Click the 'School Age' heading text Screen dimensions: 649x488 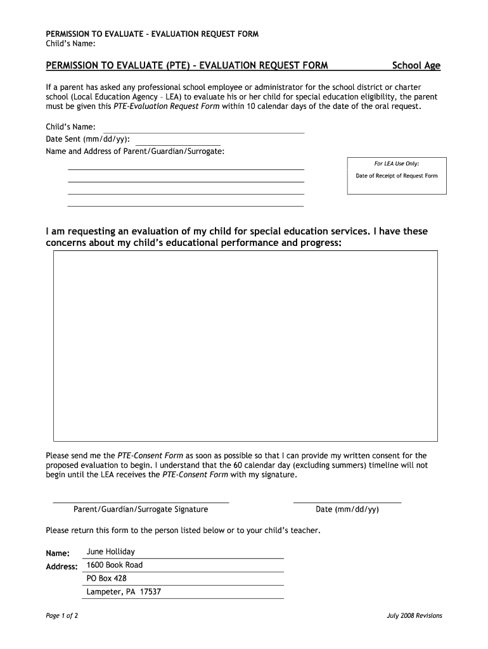(416, 65)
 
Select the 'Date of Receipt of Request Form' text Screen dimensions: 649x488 (396, 176)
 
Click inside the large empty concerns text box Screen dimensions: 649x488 (245, 345)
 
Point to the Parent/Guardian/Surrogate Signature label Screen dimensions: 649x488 (141, 509)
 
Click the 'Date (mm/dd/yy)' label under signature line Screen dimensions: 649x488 (347, 509)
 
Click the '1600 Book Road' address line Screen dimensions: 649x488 (114, 565)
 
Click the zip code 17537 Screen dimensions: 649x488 (150, 592)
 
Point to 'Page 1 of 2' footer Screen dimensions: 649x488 (61, 615)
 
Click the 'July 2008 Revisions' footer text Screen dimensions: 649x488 (414, 615)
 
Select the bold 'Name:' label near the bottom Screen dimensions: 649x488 (58, 553)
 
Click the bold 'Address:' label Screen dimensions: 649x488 (61, 566)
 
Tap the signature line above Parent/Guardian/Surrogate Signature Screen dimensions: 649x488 (140, 502)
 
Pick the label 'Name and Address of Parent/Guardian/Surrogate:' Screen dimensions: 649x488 (135, 151)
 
